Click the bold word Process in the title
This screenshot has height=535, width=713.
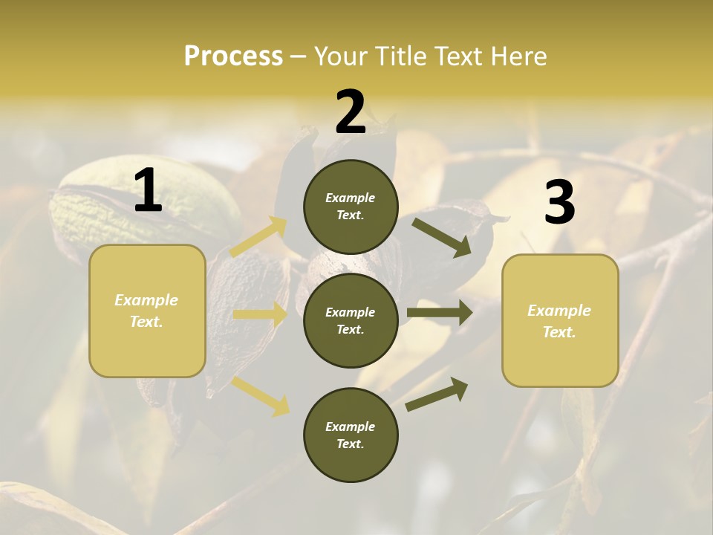point(233,56)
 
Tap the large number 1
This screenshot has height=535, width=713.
point(148,191)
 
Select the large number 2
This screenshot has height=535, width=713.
point(351,112)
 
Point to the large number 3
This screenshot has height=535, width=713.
point(559,202)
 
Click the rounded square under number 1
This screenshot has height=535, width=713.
point(147,311)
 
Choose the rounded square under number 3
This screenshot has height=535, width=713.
point(560,320)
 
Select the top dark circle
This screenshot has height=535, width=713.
point(351,207)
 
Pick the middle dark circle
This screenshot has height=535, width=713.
point(351,320)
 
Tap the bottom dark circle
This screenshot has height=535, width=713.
point(351,435)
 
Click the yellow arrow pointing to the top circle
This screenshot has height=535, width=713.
point(259,237)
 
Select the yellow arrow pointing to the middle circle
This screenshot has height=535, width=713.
point(260,314)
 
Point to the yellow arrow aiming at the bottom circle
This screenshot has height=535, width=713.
point(261,395)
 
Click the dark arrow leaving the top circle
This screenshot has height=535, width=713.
point(442,237)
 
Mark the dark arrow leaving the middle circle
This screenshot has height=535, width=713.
point(440,312)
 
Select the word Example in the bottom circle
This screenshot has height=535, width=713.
point(351,427)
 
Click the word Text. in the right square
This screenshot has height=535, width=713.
point(559,332)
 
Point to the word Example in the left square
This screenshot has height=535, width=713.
point(146,300)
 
